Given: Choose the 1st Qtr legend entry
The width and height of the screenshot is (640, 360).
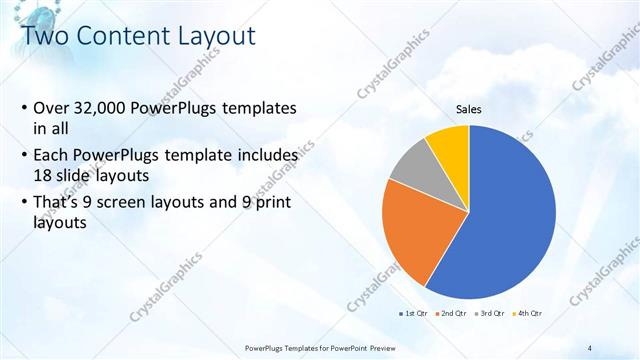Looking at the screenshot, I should [x=414, y=314].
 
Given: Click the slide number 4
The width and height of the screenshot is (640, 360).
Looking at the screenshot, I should [x=591, y=346].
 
